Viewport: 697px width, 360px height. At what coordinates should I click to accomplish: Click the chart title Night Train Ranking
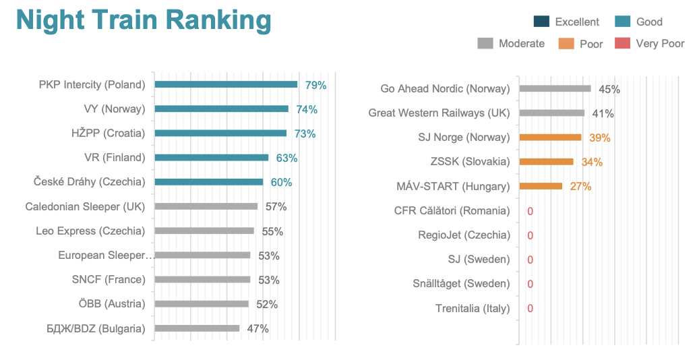click(x=144, y=21)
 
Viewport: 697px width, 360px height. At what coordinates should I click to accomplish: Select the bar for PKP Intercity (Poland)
click(x=226, y=84)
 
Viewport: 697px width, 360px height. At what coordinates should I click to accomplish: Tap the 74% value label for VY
click(x=307, y=109)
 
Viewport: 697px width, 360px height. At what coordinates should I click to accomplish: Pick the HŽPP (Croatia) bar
click(x=220, y=133)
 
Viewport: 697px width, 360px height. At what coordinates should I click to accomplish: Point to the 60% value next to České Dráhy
click(x=282, y=182)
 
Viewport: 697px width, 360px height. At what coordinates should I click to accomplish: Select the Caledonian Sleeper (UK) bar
click(x=206, y=206)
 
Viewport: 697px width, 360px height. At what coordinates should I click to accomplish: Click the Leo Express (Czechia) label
click(x=90, y=231)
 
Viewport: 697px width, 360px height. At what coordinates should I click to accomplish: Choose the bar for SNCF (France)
click(x=202, y=279)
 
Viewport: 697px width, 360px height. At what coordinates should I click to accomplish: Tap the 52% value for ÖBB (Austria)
click(x=267, y=304)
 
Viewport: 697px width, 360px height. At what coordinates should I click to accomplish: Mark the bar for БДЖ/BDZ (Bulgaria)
click(x=197, y=328)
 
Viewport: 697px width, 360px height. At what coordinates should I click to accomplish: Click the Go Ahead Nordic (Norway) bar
click(x=555, y=88)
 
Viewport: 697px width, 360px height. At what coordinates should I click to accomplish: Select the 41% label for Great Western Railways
click(x=603, y=113)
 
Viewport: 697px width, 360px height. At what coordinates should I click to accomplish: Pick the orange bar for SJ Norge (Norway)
click(x=550, y=138)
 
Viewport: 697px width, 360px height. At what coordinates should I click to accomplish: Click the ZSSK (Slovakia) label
click(x=470, y=162)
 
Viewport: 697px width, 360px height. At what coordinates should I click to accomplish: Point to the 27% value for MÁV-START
click(x=580, y=186)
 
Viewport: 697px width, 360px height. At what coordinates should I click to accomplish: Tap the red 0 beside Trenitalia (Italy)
click(x=530, y=309)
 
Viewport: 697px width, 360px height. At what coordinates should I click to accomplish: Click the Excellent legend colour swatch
click(x=541, y=22)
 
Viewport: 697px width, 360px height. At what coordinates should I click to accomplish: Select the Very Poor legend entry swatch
click(x=622, y=44)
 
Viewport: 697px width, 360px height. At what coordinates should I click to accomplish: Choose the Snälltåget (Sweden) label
click(x=461, y=284)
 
